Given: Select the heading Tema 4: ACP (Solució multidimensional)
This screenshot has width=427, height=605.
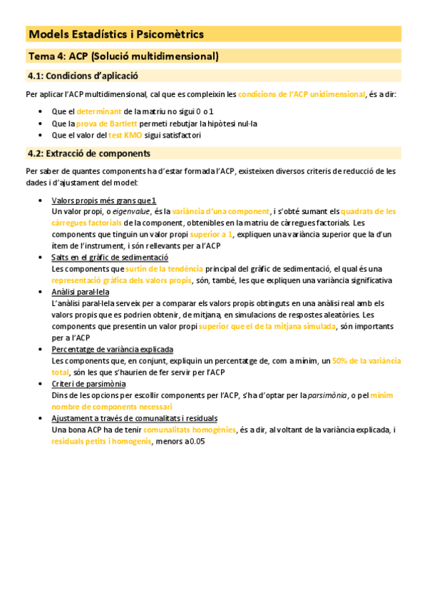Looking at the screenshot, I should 123,56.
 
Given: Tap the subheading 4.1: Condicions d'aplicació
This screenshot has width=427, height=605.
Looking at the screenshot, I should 83,76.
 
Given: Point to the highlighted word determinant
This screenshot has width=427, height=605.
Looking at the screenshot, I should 99,112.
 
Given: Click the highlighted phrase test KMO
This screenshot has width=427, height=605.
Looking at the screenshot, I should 125,135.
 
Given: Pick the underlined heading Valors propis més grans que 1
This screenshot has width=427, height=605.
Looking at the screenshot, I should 104,200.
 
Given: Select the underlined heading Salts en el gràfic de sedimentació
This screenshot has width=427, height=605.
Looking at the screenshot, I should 110,258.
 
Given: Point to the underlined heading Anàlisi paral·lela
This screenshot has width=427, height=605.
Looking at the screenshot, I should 81,292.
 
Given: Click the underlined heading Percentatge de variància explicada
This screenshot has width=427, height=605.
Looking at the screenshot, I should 113,350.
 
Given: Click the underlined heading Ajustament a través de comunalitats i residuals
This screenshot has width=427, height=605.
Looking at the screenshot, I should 135,418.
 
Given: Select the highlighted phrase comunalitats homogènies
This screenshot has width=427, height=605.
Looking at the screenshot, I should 189,430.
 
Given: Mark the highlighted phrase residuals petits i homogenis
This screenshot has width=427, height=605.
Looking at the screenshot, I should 101,442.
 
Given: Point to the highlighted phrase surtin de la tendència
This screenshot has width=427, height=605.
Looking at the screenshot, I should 164,269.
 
